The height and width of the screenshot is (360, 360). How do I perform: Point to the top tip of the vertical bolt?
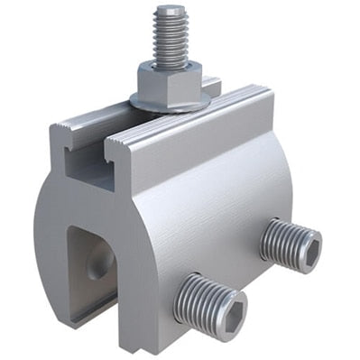click(x=169, y=9)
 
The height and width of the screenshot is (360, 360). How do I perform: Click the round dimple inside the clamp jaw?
click(x=98, y=263)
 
